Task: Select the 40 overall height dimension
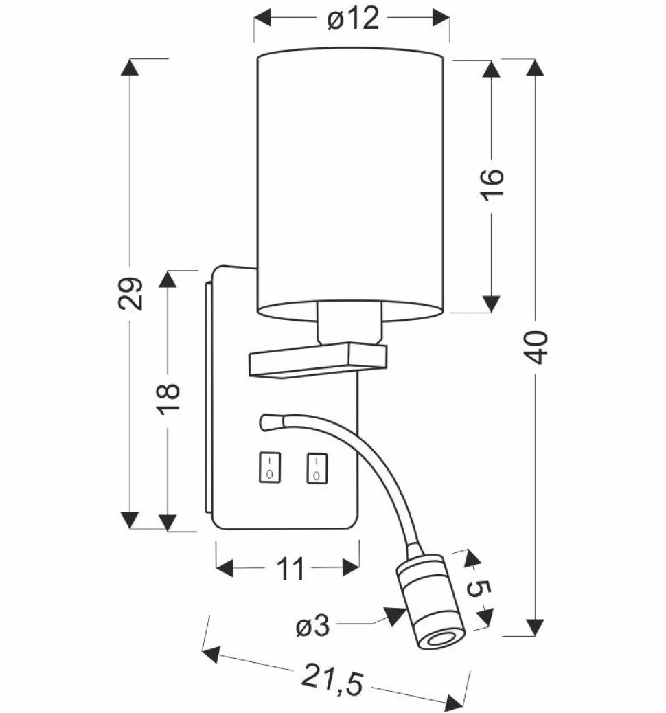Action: pos(538,347)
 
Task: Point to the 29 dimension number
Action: pos(130,294)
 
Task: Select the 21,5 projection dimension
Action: pos(334,679)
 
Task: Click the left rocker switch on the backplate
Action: pos(268,467)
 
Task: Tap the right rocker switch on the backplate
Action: pos(315,467)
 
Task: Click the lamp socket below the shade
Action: pos(348,325)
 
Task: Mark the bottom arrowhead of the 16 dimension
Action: pos(492,304)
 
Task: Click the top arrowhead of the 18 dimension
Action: pos(168,280)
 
